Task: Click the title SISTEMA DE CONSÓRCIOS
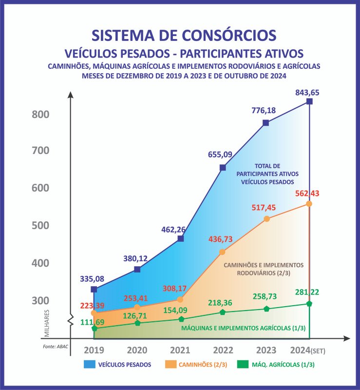click(184, 36)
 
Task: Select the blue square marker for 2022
click(223, 168)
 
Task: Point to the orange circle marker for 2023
click(266, 219)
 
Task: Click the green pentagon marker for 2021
click(181, 319)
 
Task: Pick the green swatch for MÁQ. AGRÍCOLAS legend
click(243, 365)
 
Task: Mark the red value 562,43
click(308, 194)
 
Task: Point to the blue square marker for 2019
click(94, 290)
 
